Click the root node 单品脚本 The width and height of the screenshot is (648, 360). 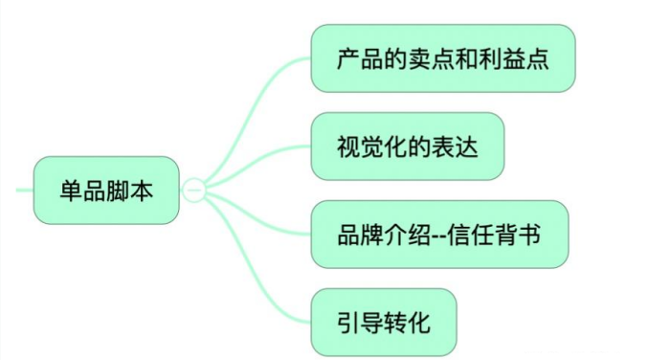pyautogui.click(x=105, y=190)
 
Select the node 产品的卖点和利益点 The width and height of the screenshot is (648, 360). pyautogui.click(x=442, y=59)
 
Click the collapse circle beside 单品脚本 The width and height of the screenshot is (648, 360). pyautogui.click(x=193, y=190)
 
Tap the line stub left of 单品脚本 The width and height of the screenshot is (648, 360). pyautogui.click(x=24, y=190)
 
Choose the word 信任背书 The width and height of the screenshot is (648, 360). pyautogui.click(x=498, y=234)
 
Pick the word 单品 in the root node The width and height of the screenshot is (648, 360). pyautogui.click(x=82, y=190)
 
